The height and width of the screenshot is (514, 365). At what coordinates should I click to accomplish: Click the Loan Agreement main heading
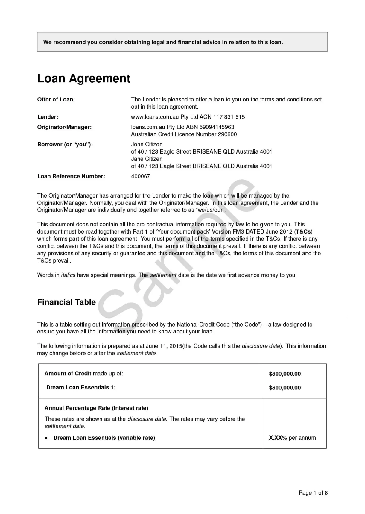coord(84,78)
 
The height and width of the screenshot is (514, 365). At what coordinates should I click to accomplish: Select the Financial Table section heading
coord(66,302)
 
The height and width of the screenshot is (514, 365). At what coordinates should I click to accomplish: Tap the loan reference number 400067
coord(141,176)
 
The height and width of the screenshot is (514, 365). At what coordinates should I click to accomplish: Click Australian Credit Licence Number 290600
coord(184,134)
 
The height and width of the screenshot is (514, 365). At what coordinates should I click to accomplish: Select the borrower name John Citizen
coord(147,144)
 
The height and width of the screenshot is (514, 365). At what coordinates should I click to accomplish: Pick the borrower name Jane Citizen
coord(147,159)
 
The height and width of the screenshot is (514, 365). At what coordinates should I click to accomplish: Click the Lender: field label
coord(48,117)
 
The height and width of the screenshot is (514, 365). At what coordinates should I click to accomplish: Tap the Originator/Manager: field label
coord(64,127)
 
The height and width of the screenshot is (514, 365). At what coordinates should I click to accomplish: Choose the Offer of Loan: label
coord(56,99)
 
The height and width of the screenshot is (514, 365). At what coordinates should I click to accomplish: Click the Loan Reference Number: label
coord(71,176)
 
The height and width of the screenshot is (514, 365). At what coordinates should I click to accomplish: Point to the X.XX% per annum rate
coord(292,438)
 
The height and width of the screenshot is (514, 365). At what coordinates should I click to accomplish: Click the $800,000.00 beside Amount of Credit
coord(285,374)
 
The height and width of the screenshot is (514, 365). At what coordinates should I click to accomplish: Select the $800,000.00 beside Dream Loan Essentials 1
coord(285,388)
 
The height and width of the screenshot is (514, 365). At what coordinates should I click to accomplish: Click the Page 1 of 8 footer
coord(313,493)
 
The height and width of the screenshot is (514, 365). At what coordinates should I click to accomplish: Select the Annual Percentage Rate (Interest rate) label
coord(96,408)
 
